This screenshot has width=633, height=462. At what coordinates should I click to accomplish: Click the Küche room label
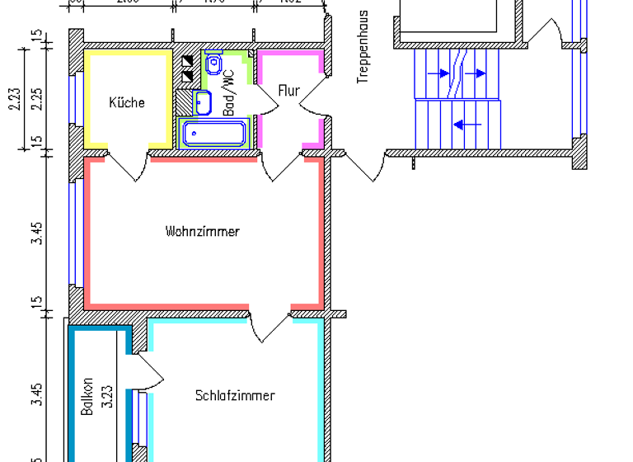127,103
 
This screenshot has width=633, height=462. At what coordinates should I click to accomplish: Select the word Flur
288,91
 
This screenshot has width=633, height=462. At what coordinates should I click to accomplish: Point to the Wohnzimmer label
202,232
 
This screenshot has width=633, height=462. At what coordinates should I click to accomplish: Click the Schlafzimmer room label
235,396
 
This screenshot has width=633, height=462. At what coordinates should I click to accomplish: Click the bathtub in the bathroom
214,133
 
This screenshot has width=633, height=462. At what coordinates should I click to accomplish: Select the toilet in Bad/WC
213,62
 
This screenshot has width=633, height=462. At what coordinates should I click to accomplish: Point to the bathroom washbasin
203,103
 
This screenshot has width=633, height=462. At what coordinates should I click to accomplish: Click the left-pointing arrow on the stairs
467,125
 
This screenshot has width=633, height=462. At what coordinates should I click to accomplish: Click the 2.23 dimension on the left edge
15,101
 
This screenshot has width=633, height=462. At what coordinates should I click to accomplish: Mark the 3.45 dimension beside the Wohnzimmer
36,233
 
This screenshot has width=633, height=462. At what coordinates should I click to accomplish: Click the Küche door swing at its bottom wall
128,164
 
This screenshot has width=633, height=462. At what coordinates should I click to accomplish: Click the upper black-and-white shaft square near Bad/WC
187,61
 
